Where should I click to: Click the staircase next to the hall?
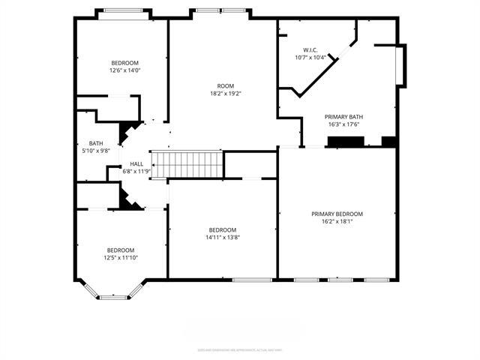coord(187,164)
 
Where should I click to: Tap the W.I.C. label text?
coord(310,49)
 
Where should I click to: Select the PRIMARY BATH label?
coord(343,117)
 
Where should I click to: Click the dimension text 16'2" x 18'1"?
coord(337,222)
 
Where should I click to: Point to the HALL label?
coord(136,163)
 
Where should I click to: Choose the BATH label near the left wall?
coord(96,143)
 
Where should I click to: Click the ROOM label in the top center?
coord(226,86)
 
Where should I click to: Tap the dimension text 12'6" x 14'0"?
coord(124,70)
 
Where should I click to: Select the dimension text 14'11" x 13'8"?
coord(223,238)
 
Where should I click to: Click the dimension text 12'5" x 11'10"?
coord(120,258)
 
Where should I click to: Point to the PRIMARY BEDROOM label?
coord(337,214)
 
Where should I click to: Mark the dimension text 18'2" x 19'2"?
coord(226,94)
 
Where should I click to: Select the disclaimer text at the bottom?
coord(240,349)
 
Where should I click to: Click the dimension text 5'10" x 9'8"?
coord(96,151)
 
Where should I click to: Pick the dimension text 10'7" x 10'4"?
coord(310,57)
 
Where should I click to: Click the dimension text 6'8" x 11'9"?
coord(136,171)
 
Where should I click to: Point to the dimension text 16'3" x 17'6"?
coord(343,124)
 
